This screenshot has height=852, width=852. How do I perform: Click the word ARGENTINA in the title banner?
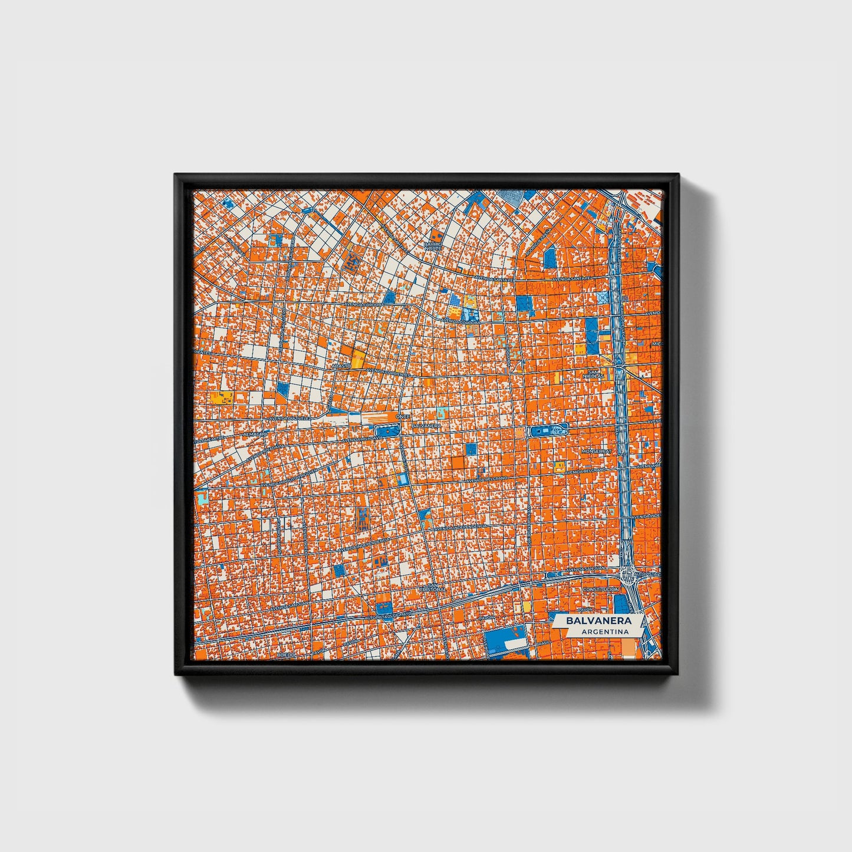(x=604, y=631)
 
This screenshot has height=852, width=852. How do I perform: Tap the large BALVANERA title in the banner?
(x=598, y=621)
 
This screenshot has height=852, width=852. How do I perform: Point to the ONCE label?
(x=403, y=416)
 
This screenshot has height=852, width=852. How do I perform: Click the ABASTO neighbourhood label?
(x=341, y=366)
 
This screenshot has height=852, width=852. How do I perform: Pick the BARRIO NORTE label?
(x=432, y=245)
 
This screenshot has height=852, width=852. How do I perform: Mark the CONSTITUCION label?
(x=600, y=589)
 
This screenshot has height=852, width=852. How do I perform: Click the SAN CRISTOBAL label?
(x=435, y=587)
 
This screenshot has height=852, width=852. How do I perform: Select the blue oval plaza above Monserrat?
(x=548, y=431)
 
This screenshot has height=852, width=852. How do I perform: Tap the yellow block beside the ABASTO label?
(x=357, y=358)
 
